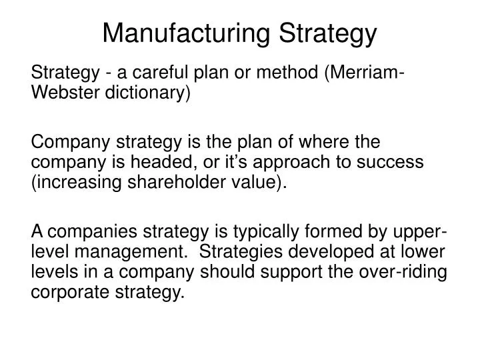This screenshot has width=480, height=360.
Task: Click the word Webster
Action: pyautogui.click(x=64, y=93)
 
